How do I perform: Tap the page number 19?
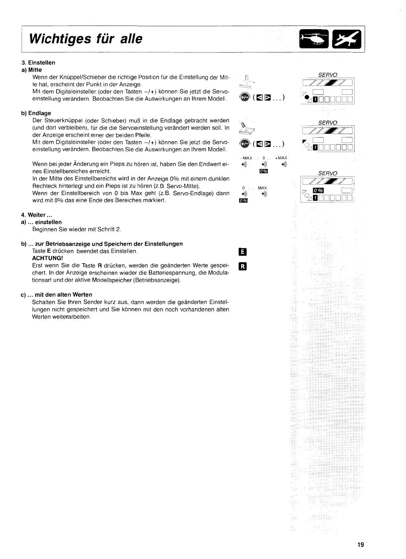click(x=361, y=545)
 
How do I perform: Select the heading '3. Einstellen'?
click(x=38, y=63)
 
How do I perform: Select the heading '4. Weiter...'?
click(x=36, y=215)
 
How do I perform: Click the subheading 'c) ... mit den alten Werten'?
click(x=56, y=295)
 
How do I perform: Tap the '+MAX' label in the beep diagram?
click(x=281, y=158)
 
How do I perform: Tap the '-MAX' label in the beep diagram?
click(x=245, y=158)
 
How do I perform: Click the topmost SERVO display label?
click(x=327, y=75)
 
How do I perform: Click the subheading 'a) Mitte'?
click(x=31, y=70)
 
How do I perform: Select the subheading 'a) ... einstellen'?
click(x=41, y=222)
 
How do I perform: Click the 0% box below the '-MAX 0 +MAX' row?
click(x=263, y=171)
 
